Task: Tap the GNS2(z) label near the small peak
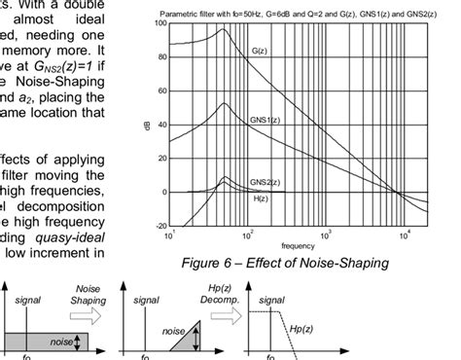pyautogui.click(x=261, y=181)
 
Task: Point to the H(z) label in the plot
pyautogui.click(x=260, y=198)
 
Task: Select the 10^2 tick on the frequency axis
pyautogui.click(x=246, y=234)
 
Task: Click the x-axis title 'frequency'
pyautogui.click(x=299, y=245)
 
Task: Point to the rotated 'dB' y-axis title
pyautogui.click(x=149, y=125)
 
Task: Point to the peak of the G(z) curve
pyautogui.click(x=225, y=29)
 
